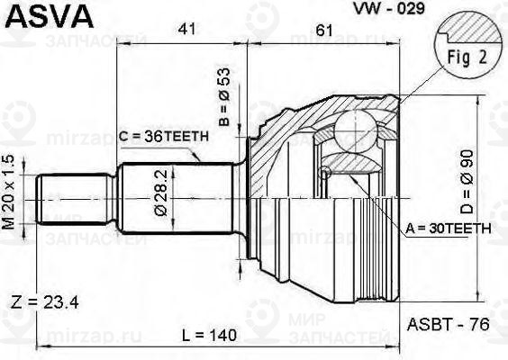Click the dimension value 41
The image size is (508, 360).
187,30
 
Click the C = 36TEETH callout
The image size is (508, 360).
163,136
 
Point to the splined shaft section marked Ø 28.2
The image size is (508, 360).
176,198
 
